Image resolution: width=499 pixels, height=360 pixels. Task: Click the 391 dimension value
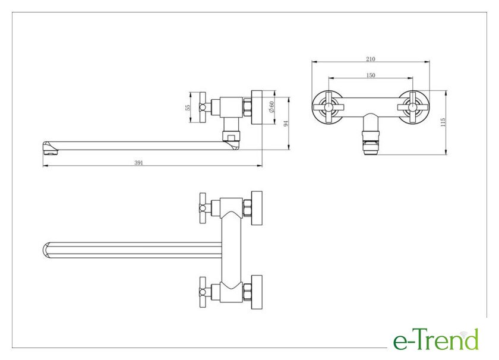pos(139,163)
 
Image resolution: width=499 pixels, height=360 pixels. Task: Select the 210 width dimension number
pos(371,59)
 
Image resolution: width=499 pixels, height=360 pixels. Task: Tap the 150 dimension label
pos(371,75)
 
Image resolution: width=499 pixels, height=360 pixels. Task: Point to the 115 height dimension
pos(443,122)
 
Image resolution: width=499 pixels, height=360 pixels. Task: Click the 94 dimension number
pos(286,123)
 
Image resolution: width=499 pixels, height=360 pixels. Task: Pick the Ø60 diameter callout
pos(271,107)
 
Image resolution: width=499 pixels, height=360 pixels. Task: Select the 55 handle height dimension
pos(188,108)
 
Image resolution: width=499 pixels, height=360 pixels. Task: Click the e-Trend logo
pos(436,339)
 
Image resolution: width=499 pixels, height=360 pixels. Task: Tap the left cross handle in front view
pos(328,108)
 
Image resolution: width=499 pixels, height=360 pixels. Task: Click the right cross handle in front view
pos(413,108)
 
